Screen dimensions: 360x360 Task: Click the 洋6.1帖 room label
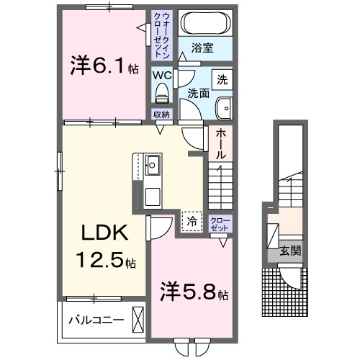[104, 66]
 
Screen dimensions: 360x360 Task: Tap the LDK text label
[104, 234]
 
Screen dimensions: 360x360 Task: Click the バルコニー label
[96, 319]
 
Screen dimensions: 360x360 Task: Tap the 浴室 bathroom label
[202, 50]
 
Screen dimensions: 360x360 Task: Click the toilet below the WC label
[161, 92]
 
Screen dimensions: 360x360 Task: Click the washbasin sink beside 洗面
[223, 108]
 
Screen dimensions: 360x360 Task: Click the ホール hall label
[220, 144]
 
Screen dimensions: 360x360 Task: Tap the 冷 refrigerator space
[191, 222]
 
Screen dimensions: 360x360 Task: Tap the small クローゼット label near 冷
[220, 223]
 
